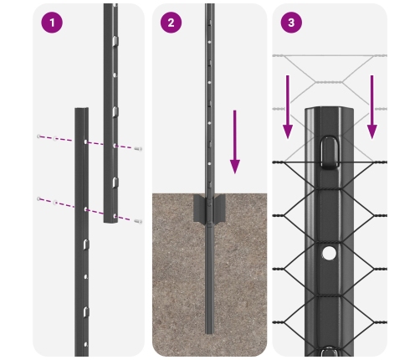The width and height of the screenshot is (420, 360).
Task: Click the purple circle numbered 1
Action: (52, 23)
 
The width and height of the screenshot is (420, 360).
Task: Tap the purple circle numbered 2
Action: (171, 23)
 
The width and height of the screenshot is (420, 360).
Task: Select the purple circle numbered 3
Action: (291, 23)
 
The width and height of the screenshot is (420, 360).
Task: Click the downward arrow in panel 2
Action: (235, 141)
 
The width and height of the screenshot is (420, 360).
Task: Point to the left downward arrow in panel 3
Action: (288, 107)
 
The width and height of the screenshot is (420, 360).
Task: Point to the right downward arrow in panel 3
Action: (371, 107)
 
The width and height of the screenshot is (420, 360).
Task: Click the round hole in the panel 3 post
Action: (329, 253)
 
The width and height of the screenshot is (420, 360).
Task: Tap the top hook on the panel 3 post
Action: (330, 152)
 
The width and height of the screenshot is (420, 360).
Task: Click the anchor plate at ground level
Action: (209, 208)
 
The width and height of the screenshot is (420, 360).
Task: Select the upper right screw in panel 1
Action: (138, 149)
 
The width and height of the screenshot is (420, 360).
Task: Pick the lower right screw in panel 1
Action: (138, 221)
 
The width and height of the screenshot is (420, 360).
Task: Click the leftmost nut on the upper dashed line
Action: (38, 136)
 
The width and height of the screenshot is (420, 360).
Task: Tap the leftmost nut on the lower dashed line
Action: (38, 198)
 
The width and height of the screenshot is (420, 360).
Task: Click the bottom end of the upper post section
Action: (110, 222)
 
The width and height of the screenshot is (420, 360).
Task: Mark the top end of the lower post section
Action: (82, 109)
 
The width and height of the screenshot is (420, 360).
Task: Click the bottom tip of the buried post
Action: (209, 333)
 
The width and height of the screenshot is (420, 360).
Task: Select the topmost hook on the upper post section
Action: (115, 41)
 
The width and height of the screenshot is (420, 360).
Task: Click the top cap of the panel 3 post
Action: (329, 109)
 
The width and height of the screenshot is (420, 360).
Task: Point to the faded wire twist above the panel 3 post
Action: (329, 82)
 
